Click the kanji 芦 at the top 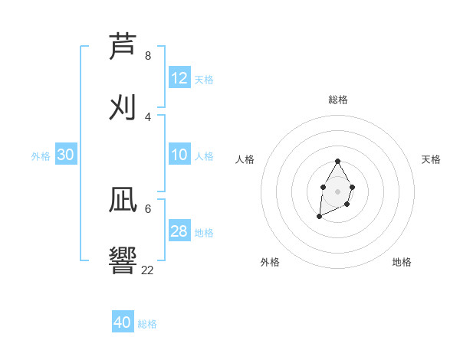pyautogui.click(x=124, y=47)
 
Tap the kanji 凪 pyautogui.click(x=124, y=201)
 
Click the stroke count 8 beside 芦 pyautogui.click(x=148, y=56)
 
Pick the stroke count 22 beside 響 pyautogui.click(x=148, y=270)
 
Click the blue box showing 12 pyautogui.click(x=179, y=78)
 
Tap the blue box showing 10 pyautogui.click(x=179, y=155)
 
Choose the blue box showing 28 pyautogui.click(x=179, y=231)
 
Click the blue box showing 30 pyautogui.click(x=66, y=155)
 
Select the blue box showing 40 pyautogui.click(x=123, y=322)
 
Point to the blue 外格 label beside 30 pyautogui.click(x=41, y=156)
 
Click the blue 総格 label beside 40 pyautogui.click(x=147, y=324)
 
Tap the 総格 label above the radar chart pyautogui.click(x=338, y=100)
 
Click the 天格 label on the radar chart pyautogui.click(x=431, y=159)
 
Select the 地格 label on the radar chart pyautogui.click(x=402, y=262)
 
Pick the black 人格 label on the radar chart pyautogui.click(x=245, y=159)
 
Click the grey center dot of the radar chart pyautogui.click(x=337, y=191)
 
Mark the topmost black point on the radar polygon pyautogui.click(x=337, y=162)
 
